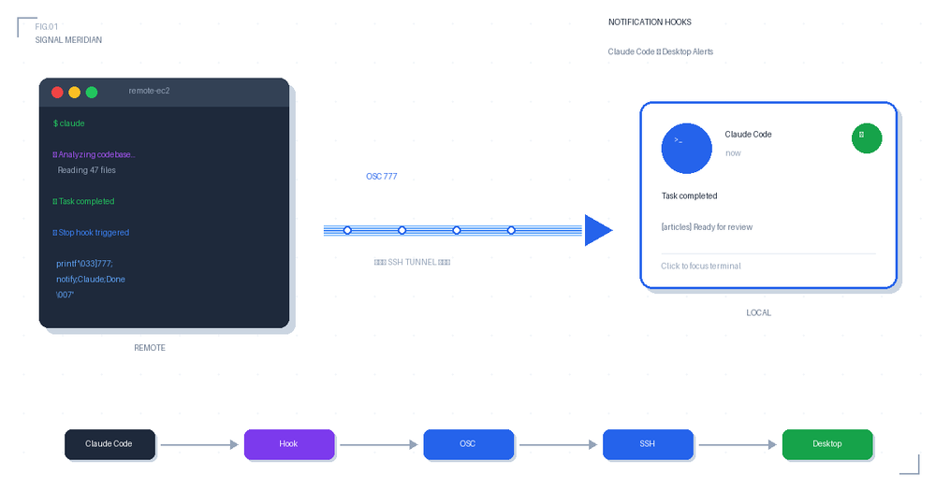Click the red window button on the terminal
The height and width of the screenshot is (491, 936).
pyautogui.click(x=57, y=92)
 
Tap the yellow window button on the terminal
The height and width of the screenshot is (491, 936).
pyautogui.click(x=75, y=92)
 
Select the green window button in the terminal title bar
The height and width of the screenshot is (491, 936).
pyautogui.click(x=92, y=92)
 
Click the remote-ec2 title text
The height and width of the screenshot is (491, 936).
pyautogui.click(x=149, y=91)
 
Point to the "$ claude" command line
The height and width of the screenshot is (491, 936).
pyautogui.click(x=68, y=123)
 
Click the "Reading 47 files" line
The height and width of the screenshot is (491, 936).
pyautogui.click(x=86, y=170)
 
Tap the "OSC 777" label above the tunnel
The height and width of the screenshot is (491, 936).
pyautogui.click(x=382, y=176)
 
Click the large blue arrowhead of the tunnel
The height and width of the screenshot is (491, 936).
pyautogui.click(x=597, y=230)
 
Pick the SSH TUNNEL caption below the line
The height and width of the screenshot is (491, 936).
pyautogui.click(x=412, y=262)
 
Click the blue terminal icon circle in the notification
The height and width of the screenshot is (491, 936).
pyautogui.click(x=687, y=148)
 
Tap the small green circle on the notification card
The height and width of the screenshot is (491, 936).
pyautogui.click(x=867, y=137)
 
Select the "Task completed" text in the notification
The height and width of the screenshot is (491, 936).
pyautogui.click(x=689, y=195)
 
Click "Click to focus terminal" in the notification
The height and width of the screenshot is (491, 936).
pyautogui.click(x=700, y=266)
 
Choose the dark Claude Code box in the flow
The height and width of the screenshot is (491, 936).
pyautogui.click(x=110, y=444)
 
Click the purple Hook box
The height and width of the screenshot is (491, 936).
pyautogui.click(x=289, y=444)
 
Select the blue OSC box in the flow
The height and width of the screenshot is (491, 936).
pyautogui.click(x=468, y=444)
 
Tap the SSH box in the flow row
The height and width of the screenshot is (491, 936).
pyautogui.click(x=648, y=444)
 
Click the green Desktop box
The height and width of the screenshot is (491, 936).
pyautogui.click(x=827, y=444)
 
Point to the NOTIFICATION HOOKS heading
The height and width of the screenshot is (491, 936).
pyautogui.click(x=650, y=22)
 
